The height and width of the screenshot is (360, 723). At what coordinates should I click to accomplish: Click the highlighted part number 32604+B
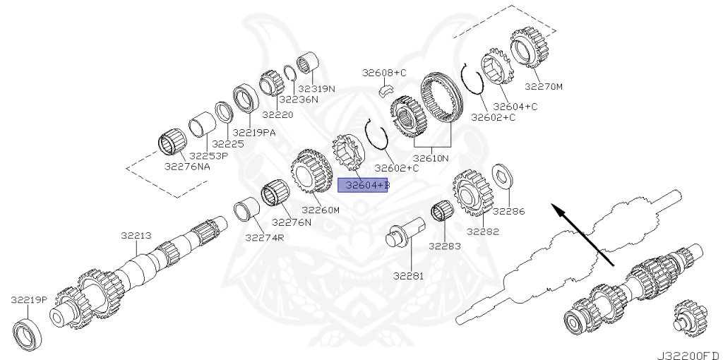363,186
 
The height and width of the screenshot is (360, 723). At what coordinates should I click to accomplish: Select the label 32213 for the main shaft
135,236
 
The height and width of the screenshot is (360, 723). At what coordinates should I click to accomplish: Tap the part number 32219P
28,299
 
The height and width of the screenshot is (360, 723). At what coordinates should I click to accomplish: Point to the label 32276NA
187,167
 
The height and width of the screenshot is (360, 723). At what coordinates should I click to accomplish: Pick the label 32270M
544,87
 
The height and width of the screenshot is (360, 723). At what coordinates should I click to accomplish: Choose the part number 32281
410,276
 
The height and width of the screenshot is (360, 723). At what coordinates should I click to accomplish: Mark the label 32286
508,210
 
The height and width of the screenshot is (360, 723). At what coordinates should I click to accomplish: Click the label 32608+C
385,73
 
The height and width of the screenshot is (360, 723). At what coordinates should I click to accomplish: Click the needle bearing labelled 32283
442,212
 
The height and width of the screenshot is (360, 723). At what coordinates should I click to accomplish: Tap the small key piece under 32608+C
385,90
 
